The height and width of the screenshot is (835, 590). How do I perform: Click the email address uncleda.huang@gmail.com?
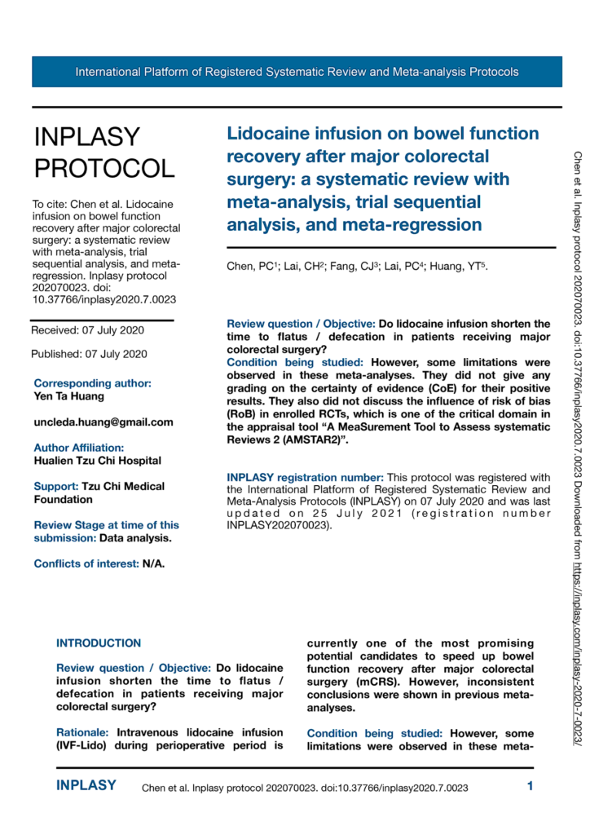tap(103, 422)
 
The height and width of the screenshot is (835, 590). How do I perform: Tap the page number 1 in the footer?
tap(530, 786)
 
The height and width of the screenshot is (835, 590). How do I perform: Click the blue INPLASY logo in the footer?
tap(86, 786)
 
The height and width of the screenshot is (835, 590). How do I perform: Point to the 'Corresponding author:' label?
tap(92, 382)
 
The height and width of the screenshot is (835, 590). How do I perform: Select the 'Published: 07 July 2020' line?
tap(89, 354)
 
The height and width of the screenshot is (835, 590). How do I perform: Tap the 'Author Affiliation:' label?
tap(79, 448)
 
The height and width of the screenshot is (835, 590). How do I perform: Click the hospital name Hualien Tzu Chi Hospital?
tap(97, 461)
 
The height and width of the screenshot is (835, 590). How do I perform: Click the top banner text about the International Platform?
tap(297, 72)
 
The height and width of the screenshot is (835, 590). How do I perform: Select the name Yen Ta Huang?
tap(69, 395)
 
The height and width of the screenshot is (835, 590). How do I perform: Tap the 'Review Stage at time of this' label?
tap(107, 524)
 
